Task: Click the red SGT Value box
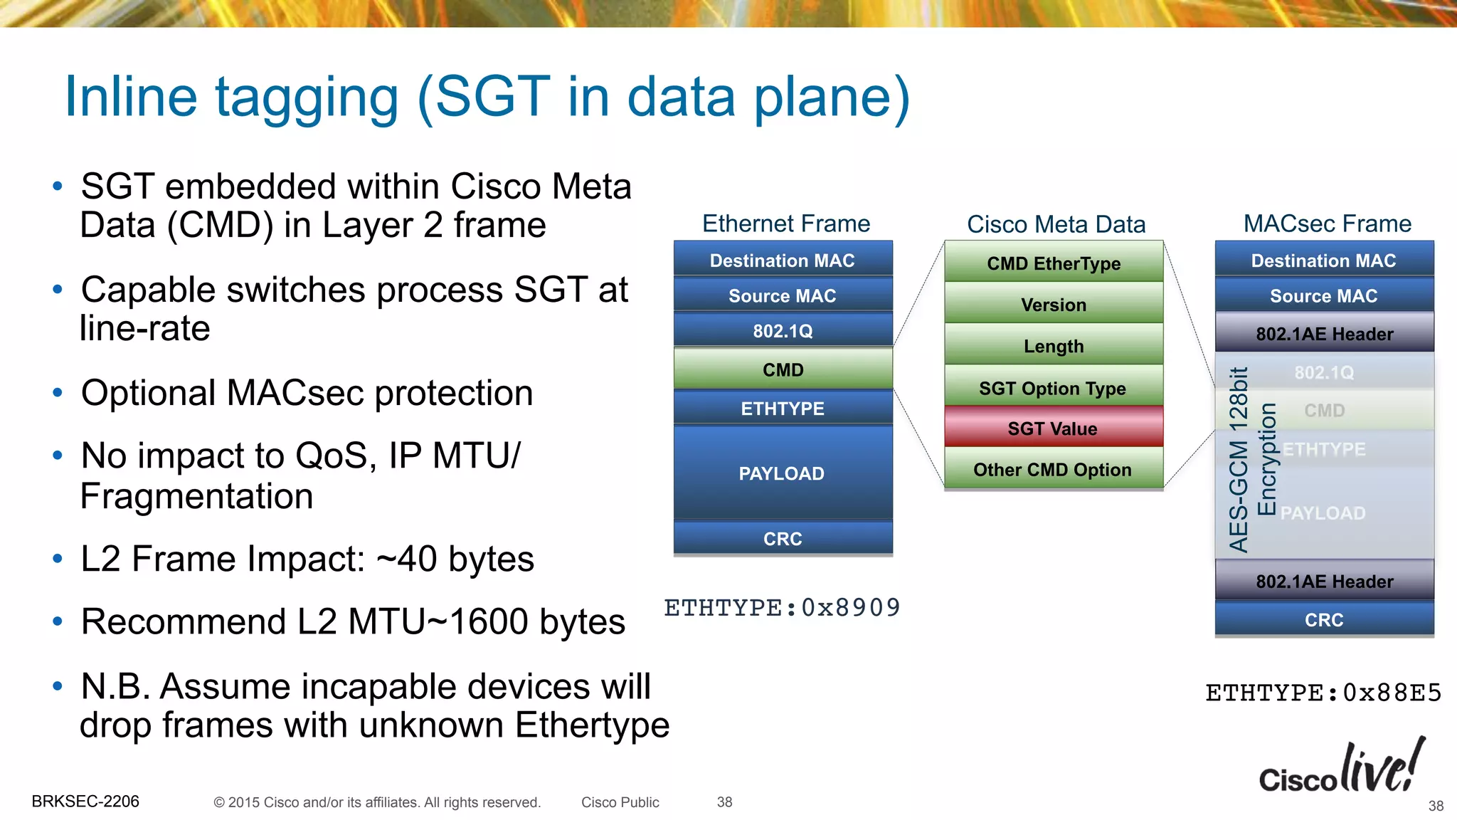click(x=1053, y=428)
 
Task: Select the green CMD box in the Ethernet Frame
click(x=783, y=369)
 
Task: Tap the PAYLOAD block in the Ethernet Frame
click(x=783, y=473)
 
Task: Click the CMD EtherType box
click(x=1053, y=263)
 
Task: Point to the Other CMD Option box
click(x=1053, y=469)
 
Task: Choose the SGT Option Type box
click(x=1053, y=387)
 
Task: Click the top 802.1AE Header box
click(x=1324, y=333)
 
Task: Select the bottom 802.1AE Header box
click(x=1324, y=581)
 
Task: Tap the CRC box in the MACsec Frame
click(x=1324, y=619)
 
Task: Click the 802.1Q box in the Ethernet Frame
click(x=783, y=330)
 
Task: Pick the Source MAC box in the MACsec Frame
click(x=1324, y=295)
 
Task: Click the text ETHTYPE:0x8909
click(x=782, y=608)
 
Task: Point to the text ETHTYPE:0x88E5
click(x=1323, y=693)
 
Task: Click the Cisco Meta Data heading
click(x=1056, y=224)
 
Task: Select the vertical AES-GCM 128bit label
click(x=1239, y=460)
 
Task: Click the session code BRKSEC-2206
click(x=85, y=801)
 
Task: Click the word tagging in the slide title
click(x=307, y=98)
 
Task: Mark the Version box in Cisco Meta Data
click(x=1053, y=304)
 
